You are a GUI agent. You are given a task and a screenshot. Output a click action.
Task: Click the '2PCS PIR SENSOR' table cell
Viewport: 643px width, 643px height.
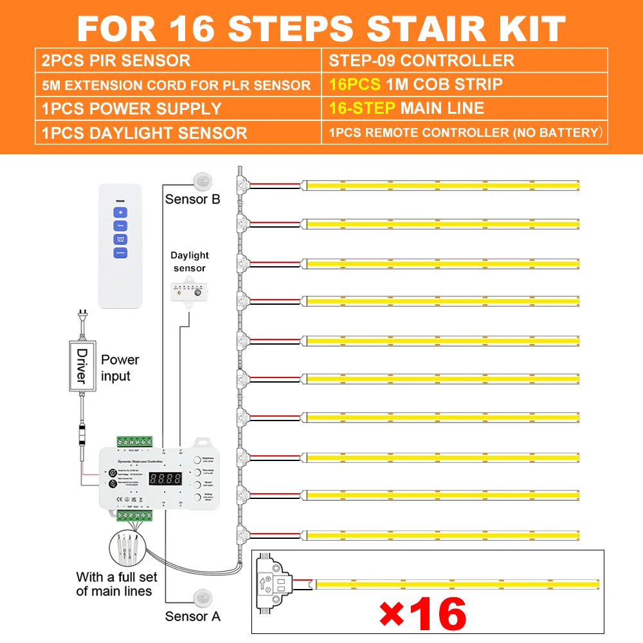coord(116,61)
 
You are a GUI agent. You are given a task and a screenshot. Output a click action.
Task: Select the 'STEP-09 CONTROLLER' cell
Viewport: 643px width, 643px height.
coord(421,61)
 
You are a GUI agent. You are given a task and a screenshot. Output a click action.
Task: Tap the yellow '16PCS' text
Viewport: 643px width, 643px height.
coord(353,84)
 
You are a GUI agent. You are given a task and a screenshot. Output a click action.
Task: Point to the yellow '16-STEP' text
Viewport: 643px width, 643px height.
coord(361,108)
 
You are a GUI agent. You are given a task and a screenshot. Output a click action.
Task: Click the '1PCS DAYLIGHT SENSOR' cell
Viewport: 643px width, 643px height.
coord(144,133)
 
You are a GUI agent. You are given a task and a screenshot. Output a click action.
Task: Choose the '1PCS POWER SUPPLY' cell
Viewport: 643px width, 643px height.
coord(131,108)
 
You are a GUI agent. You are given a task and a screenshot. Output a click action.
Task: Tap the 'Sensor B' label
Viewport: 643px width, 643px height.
coord(192,199)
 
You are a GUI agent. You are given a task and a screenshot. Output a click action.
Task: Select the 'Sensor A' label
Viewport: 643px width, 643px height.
coord(192,616)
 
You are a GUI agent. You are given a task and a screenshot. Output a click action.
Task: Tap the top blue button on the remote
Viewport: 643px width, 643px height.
coord(120,212)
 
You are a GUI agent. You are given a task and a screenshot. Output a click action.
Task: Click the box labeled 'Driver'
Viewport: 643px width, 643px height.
coord(82,365)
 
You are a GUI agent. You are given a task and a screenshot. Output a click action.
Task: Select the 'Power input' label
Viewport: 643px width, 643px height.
coord(120,368)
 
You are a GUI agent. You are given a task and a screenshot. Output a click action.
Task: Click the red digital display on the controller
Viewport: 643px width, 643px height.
coord(165,479)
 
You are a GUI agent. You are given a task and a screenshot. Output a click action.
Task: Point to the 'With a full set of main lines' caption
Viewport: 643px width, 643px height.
coord(114,583)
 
